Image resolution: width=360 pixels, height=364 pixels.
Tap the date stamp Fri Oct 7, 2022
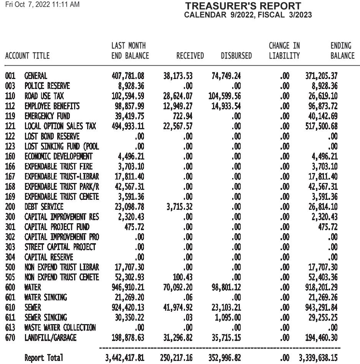coord(42,5)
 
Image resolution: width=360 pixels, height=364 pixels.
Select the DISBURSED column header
coord(236,56)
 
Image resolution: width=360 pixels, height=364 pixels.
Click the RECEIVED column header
coord(190,56)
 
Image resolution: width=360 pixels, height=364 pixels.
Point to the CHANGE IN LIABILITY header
coord(284,51)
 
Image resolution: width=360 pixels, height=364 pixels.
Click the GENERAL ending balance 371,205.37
coord(321,76)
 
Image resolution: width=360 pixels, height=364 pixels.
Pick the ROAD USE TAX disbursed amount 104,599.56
coord(225,96)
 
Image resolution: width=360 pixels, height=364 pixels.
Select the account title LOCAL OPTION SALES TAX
coord(60,126)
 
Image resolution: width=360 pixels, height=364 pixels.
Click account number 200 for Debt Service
coord(10,207)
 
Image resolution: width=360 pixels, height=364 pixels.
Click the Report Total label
coord(43,358)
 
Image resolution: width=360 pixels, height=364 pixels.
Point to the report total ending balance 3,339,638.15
coord(318,358)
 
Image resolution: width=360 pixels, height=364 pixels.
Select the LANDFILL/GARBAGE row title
coord(50,338)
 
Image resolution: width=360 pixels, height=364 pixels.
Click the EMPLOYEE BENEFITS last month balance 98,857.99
coord(128,106)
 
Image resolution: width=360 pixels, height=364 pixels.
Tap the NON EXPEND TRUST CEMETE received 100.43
coord(182,277)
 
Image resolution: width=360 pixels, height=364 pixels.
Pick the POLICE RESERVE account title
coord(47,86)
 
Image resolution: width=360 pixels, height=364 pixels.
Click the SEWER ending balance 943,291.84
coord(321,308)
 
